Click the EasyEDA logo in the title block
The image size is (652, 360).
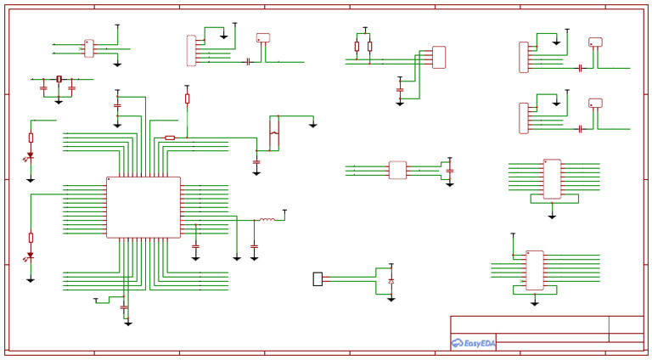click(x=474, y=343)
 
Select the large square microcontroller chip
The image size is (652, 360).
click(x=143, y=207)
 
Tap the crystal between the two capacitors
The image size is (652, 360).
click(x=59, y=79)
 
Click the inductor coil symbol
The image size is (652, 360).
click(x=267, y=220)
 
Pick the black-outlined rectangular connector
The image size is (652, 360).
click(x=318, y=278)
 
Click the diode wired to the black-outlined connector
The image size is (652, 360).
click(x=391, y=280)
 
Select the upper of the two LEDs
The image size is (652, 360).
click(x=31, y=156)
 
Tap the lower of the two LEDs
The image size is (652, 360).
click(x=31, y=255)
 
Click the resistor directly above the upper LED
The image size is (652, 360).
click(x=31, y=138)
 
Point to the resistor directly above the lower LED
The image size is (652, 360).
click(x=31, y=238)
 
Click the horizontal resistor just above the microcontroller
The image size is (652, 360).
click(x=170, y=137)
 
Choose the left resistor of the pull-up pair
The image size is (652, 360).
click(x=357, y=46)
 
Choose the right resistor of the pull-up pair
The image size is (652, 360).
click(x=369, y=46)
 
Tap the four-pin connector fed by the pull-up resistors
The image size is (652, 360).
click(x=438, y=57)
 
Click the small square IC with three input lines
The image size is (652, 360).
click(x=397, y=170)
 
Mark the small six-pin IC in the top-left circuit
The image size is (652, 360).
click(x=88, y=48)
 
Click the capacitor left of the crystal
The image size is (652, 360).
click(x=44, y=87)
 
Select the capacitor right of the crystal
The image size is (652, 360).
click(x=72, y=87)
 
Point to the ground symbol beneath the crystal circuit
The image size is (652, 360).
click(x=59, y=102)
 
